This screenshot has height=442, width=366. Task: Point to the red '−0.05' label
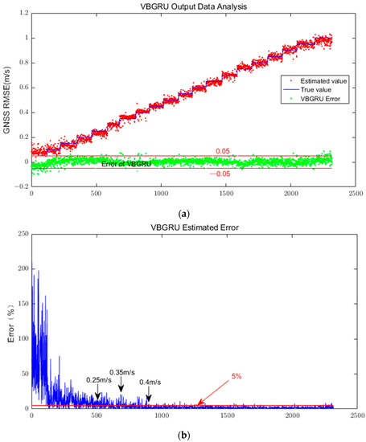pos(220,174)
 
